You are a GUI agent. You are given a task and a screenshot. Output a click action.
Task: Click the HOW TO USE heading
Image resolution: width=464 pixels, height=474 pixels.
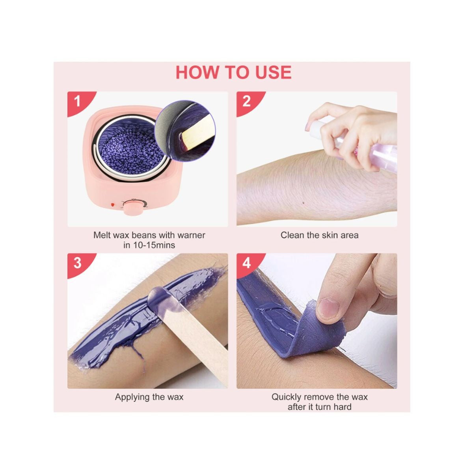(x=233, y=72)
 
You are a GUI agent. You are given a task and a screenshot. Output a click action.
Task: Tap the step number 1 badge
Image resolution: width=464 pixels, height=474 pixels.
(x=77, y=102)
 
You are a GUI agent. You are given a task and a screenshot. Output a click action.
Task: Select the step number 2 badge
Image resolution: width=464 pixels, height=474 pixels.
(x=247, y=102)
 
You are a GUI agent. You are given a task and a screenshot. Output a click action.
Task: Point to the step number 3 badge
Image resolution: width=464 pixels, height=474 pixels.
(x=77, y=263)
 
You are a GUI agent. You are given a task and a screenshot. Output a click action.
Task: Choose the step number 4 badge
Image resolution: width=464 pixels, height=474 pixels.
(x=247, y=263)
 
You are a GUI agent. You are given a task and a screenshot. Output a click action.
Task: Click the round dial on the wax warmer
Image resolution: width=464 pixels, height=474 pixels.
(x=131, y=207)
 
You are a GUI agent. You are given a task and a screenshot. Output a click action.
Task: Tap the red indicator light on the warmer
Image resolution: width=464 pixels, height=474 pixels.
(x=113, y=205)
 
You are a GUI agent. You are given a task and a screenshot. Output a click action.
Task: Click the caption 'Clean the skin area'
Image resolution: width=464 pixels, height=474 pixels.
(x=319, y=235)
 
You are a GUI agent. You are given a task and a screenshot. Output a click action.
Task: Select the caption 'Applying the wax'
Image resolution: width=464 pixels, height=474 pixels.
(x=149, y=397)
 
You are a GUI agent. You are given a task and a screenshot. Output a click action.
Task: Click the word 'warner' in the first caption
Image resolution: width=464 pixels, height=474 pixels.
(x=191, y=235)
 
